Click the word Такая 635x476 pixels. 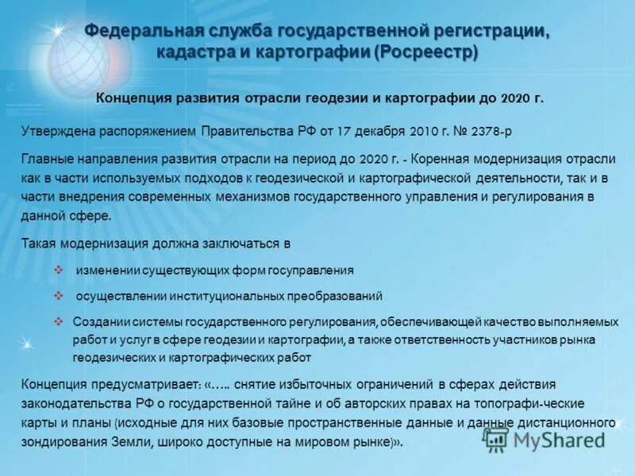(x=38, y=244)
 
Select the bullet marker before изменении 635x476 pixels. (x=58, y=270)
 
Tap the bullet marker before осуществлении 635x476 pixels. (x=58, y=296)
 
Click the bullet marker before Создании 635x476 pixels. (x=58, y=321)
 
